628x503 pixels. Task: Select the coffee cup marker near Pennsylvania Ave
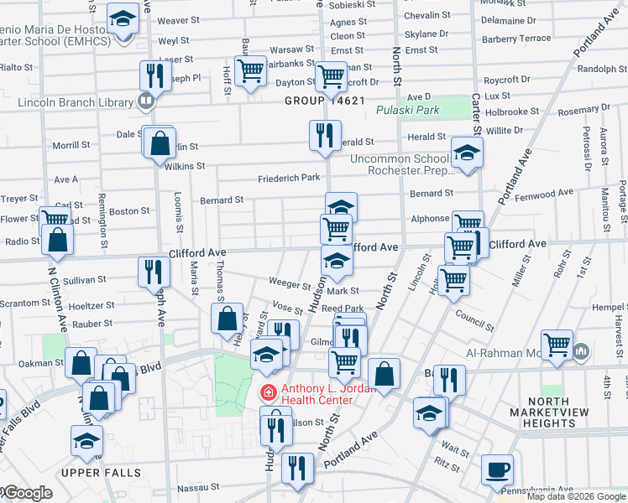(x=497, y=469)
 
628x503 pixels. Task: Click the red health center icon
(x=269, y=392)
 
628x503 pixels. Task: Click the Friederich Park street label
(x=289, y=178)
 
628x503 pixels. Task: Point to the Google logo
(x=27, y=493)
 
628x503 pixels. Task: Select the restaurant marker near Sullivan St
(x=154, y=272)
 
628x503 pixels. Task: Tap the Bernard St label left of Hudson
(x=222, y=200)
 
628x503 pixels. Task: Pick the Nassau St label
(x=197, y=486)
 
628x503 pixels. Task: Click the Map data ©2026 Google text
(x=575, y=496)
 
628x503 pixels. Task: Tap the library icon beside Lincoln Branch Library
(x=146, y=101)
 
